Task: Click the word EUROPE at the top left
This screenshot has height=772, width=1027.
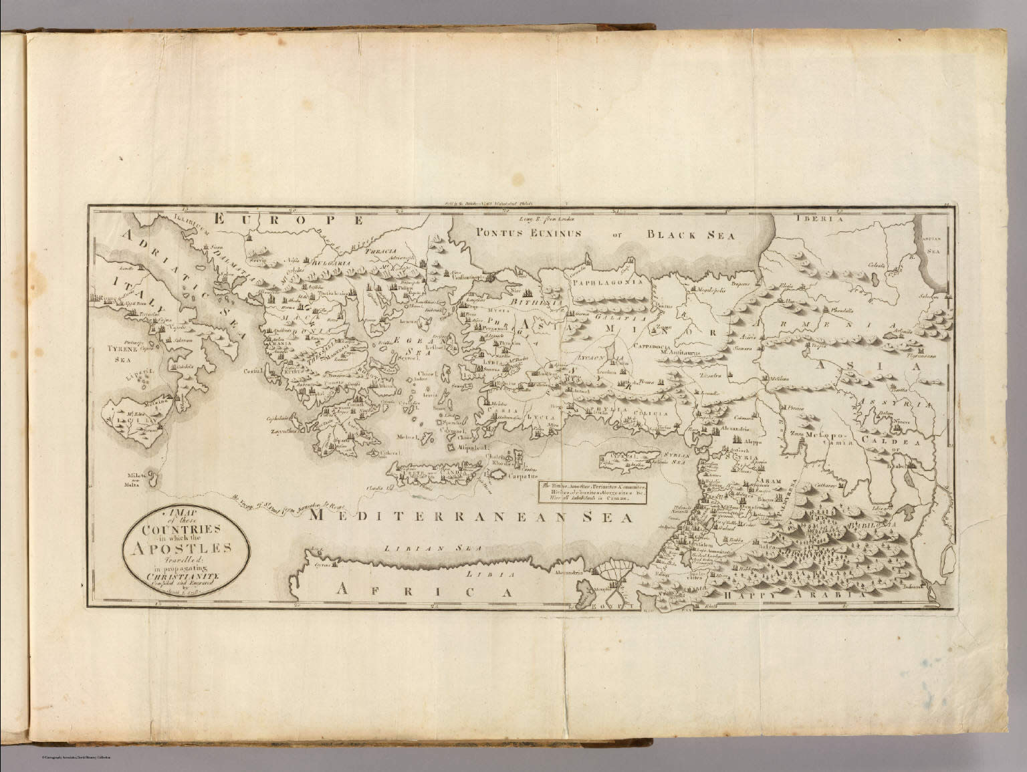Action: click(287, 219)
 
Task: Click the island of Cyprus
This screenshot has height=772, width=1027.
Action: click(632, 460)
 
